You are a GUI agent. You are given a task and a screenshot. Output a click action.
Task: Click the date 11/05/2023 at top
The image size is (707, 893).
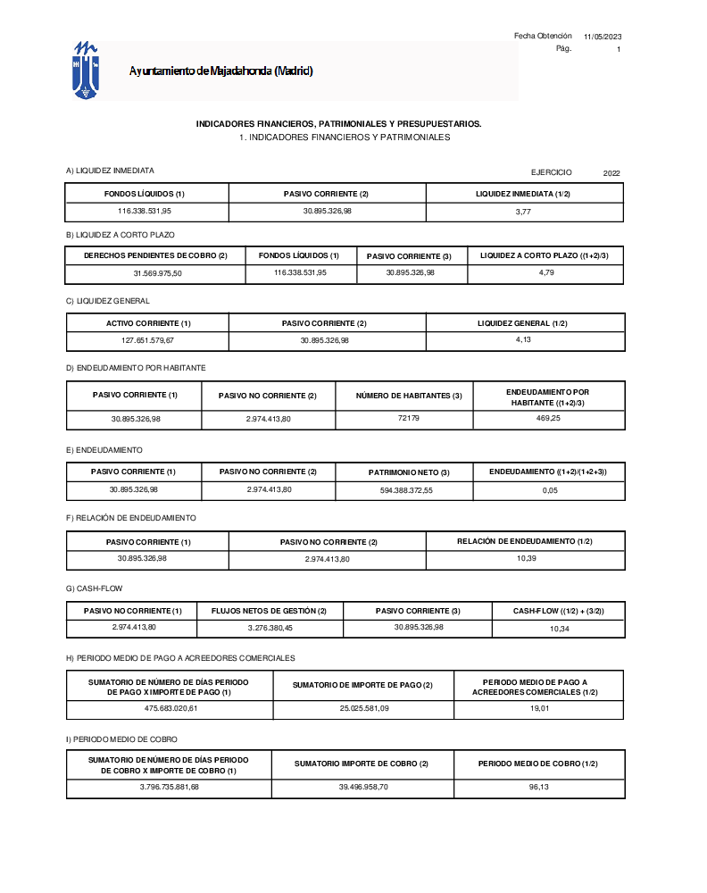603,37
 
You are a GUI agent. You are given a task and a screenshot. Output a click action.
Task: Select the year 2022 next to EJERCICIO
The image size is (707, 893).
611,173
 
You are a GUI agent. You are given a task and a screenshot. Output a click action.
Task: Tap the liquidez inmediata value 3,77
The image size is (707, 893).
524,212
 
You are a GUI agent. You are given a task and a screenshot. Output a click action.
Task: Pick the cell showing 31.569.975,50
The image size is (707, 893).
157,274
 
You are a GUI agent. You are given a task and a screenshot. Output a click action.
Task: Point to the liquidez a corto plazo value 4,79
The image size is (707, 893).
545,273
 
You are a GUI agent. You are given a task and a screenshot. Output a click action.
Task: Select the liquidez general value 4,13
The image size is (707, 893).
524,340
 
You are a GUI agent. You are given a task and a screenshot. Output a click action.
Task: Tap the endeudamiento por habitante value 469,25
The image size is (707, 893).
548,419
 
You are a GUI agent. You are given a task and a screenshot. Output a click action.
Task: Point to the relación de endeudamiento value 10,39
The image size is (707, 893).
526,558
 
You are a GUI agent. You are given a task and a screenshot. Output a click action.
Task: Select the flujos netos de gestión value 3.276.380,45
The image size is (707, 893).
269,628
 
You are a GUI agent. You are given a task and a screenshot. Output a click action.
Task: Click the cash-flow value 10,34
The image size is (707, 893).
560,629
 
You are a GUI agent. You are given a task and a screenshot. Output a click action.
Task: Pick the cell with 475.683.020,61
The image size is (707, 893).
170,709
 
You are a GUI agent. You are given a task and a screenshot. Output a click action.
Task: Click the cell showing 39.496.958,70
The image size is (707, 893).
362,787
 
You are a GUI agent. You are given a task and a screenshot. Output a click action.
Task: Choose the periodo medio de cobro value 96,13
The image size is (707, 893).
538,787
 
